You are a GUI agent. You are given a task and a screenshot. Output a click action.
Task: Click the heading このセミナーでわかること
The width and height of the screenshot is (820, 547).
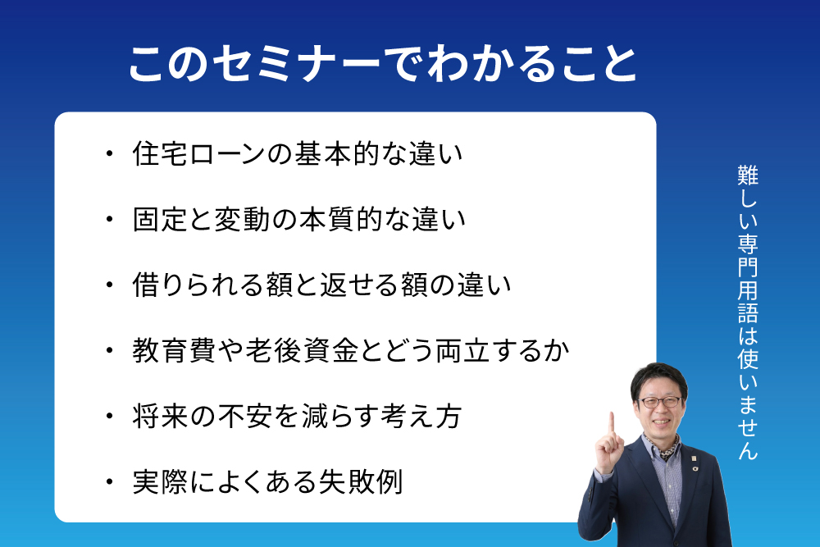pos(383,64)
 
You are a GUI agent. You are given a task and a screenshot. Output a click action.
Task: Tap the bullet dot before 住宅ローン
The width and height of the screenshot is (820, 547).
pos(109,153)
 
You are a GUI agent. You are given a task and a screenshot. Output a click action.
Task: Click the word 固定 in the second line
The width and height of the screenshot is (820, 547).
pos(160,219)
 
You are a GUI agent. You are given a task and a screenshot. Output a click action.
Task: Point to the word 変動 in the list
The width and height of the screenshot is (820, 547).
pos(241,219)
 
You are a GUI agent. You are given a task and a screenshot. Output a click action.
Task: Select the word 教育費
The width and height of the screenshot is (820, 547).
pos(173,350)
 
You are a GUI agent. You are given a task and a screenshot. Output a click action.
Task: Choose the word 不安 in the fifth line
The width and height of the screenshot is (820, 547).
pos(244,417)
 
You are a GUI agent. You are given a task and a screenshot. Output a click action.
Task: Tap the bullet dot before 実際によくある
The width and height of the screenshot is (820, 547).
pos(109,481)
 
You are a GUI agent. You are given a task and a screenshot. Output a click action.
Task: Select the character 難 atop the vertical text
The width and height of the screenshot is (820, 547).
pos(748,175)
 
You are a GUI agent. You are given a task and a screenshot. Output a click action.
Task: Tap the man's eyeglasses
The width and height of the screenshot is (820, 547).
pos(660,402)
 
